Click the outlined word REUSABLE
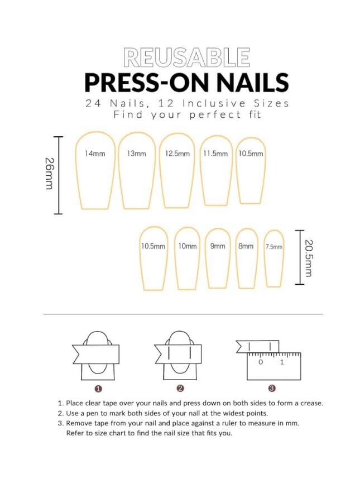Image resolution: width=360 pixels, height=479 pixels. (x=186, y=58)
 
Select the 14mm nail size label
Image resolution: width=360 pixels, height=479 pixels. (x=95, y=154)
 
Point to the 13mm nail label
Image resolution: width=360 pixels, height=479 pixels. (x=136, y=154)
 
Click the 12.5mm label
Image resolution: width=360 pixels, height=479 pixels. (x=177, y=154)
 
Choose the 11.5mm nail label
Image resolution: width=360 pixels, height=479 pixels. (x=215, y=154)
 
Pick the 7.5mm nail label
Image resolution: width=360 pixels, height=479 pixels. (x=273, y=247)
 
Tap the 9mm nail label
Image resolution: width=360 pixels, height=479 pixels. (x=218, y=246)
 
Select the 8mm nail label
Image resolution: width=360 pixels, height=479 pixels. (x=246, y=246)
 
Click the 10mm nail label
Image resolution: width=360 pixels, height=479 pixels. (x=188, y=246)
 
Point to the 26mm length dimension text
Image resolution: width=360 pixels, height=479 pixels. (x=50, y=173)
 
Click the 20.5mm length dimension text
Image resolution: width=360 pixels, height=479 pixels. (x=309, y=258)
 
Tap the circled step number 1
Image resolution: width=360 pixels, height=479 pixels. (x=98, y=389)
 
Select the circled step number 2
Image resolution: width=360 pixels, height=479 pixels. (x=180, y=389)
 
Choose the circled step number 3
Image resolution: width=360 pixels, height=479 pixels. (x=272, y=389)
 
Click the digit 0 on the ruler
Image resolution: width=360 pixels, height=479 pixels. (x=261, y=362)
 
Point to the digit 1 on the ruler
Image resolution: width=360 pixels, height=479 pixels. (x=282, y=362)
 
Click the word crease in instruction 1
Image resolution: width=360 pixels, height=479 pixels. (x=311, y=403)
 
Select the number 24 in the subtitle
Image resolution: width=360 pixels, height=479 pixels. (x=93, y=103)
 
